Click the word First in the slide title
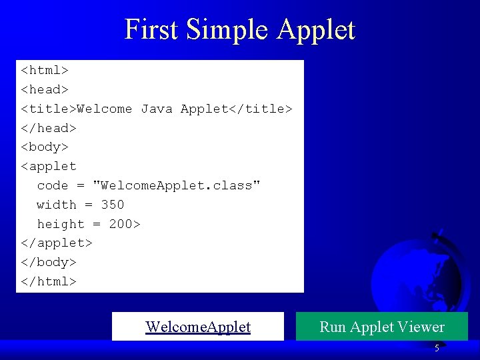tap(151, 30)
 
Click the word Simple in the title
tap(227, 30)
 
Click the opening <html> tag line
tap(45, 70)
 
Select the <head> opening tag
tap(45, 89)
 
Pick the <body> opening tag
tap(45, 147)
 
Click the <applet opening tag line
tap(49, 166)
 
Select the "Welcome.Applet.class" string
tap(177, 185)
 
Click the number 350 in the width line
tap(113, 205)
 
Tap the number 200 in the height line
tap(121, 224)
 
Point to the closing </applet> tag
tap(57, 243)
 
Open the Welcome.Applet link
tap(198, 327)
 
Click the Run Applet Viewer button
tap(382, 327)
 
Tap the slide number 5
tap(437, 348)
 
